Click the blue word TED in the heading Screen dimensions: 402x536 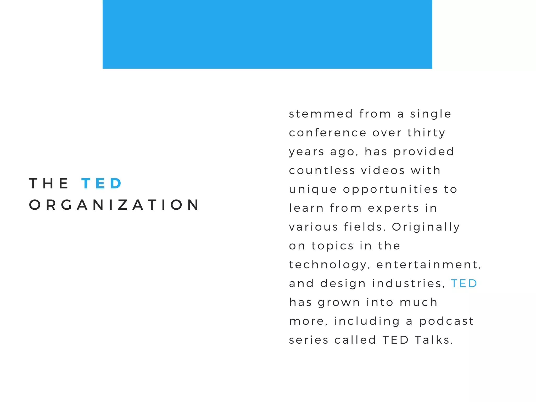pos(102,183)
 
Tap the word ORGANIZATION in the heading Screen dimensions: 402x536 pos(114,205)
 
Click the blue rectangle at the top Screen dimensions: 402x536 pos(267,34)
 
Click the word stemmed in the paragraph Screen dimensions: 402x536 pos(321,114)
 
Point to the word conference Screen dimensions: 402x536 pos(327,133)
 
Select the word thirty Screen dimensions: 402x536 pos(426,133)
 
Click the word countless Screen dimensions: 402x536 pos(322,171)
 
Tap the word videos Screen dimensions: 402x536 pos(383,171)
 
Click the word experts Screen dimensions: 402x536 pos(393,208)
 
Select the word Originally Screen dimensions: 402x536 pos(426,227)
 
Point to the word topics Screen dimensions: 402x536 pos(333,246)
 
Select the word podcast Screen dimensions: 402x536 pos(446,321)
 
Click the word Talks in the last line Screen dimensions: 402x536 pos(434,340)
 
